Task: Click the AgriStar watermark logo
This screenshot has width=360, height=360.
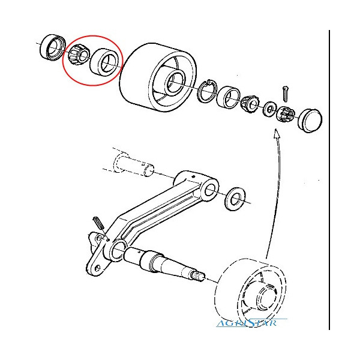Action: pyautogui.click(x=251, y=322)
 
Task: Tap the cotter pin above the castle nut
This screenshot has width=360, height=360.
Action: pyautogui.click(x=286, y=94)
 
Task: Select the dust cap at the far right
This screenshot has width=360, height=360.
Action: pyautogui.click(x=310, y=121)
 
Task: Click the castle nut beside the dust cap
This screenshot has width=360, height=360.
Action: pyautogui.click(x=286, y=114)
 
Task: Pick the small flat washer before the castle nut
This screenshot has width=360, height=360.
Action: pyautogui.click(x=269, y=109)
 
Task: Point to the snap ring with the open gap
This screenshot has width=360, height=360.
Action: pyautogui.click(x=207, y=91)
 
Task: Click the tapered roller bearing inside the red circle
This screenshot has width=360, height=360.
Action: pyautogui.click(x=79, y=55)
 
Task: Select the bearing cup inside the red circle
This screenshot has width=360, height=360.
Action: pyautogui.click(x=104, y=62)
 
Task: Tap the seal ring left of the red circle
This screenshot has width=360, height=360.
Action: pyautogui.click(x=52, y=47)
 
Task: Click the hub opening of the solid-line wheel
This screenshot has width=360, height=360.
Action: pyautogui.click(x=175, y=83)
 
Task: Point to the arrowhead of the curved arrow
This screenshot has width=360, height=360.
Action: pyautogui.click(x=277, y=133)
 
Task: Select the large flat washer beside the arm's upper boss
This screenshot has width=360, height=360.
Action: pyautogui.click(x=235, y=199)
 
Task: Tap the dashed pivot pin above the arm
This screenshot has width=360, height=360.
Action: pyautogui.click(x=133, y=165)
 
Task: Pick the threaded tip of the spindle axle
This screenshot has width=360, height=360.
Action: pyautogui.click(x=197, y=275)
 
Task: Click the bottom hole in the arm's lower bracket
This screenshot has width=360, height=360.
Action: pyautogui.click(x=98, y=268)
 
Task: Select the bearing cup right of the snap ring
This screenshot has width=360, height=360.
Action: pyautogui.click(x=229, y=97)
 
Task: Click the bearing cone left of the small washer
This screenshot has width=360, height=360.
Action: pyautogui.click(x=250, y=104)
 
